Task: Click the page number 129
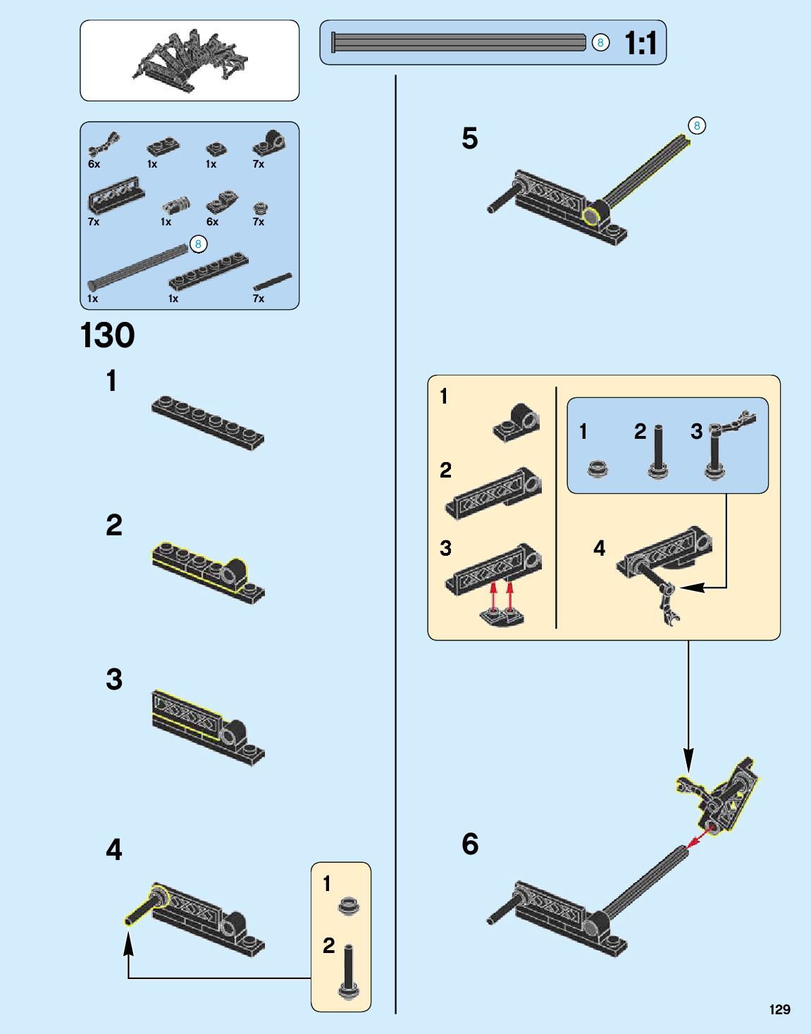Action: [779, 1009]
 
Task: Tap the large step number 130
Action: [108, 335]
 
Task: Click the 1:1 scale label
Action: [640, 43]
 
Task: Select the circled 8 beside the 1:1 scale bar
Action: [600, 43]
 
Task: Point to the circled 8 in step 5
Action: [696, 126]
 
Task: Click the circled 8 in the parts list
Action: [198, 244]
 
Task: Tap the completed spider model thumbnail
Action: [190, 60]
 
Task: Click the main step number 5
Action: [470, 138]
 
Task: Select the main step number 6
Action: [470, 844]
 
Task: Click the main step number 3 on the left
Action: [114, 680]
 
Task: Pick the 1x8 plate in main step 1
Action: [208, 421]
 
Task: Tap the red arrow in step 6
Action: [697, 838]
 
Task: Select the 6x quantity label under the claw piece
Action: [94, 164]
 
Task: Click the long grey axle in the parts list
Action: [137, 266]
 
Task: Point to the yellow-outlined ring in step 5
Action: [591, 215]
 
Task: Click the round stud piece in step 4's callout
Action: [347, 905]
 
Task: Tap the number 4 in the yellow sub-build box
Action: [599, 548]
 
